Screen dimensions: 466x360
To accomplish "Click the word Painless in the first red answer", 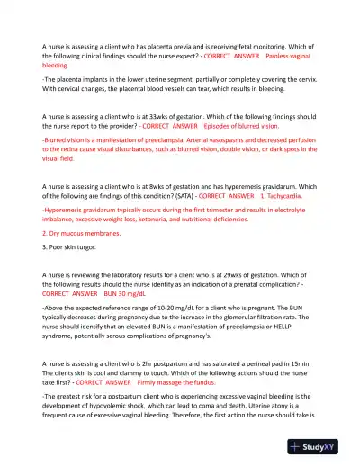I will click(279, 56).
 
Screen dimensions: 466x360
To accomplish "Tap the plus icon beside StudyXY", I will click(295, 445).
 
